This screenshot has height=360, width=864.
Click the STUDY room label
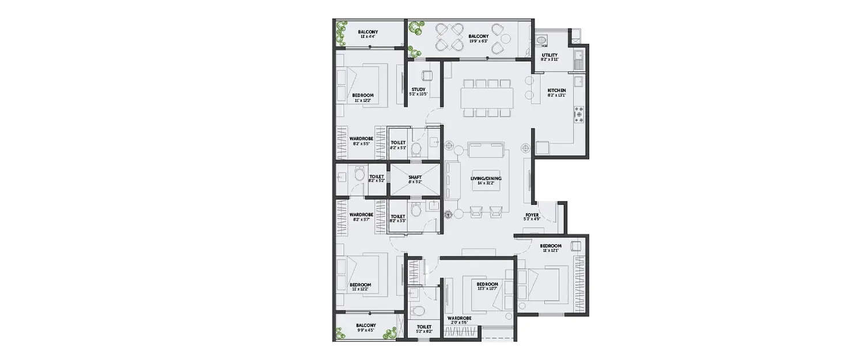coord(418,89)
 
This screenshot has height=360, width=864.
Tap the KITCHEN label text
coord(556,90)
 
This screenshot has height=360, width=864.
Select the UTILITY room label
coord(549,55)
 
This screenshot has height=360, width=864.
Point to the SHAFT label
coord(415,177)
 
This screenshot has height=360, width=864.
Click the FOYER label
coord(532,215)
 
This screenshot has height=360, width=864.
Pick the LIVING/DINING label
coord(486,179)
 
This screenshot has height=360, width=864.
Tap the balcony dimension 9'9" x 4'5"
coord(366,331)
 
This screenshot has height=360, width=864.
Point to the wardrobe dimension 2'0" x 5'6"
coord(459,323)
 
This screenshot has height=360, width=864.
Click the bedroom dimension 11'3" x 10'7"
coord(487,289)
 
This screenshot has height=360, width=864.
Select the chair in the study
coord(427,75)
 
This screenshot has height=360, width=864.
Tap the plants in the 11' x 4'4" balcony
coord(340,33)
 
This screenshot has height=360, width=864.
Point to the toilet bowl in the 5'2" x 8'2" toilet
coord(420,312)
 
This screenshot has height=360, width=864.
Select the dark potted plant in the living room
coord(449,215)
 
